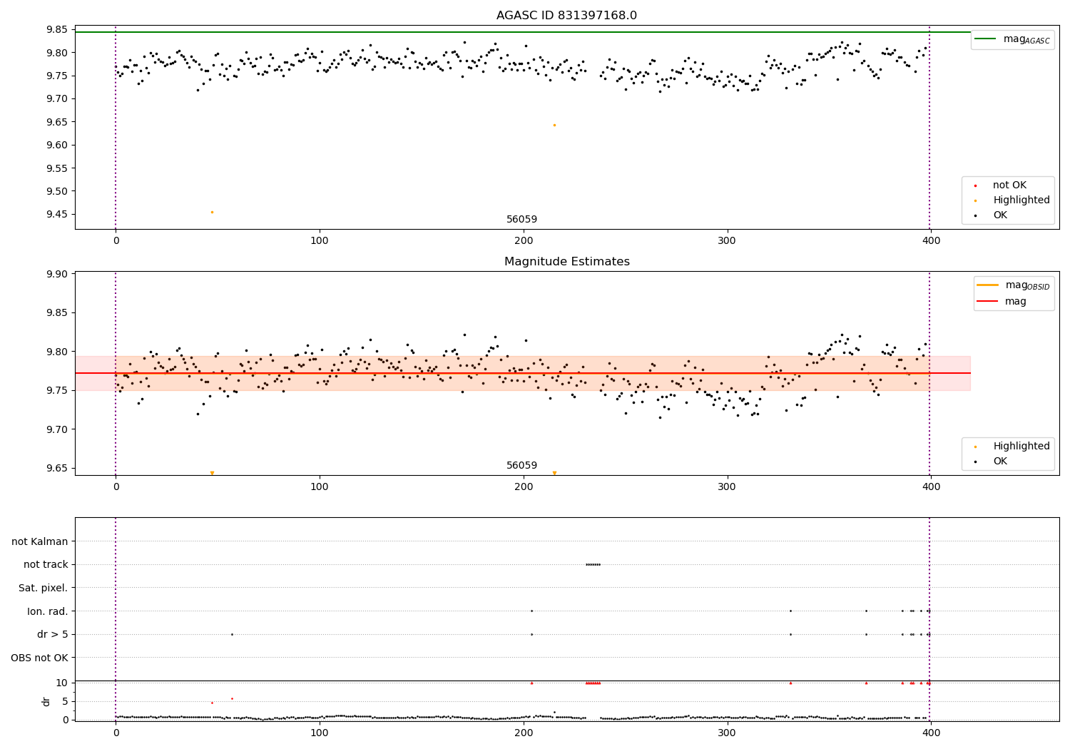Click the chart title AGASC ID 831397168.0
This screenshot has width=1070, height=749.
[566, 16]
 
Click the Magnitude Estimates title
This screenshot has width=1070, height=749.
[566, 262]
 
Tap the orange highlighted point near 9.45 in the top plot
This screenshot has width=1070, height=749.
[212, 212]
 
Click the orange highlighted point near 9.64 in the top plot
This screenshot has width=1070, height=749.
[554, 125]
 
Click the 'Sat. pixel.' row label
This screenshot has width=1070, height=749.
[44, 588]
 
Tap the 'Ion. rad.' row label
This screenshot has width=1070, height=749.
[48, 611]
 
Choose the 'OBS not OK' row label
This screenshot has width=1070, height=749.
[40, 658]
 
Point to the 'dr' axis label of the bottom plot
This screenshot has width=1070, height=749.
[46, 701]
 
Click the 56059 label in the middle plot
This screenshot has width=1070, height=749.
[521, 466]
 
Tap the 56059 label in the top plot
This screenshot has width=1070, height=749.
[521, 220]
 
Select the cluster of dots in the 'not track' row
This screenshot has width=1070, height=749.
[593, 564]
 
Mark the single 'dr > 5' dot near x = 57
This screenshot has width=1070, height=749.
[232, 634]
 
